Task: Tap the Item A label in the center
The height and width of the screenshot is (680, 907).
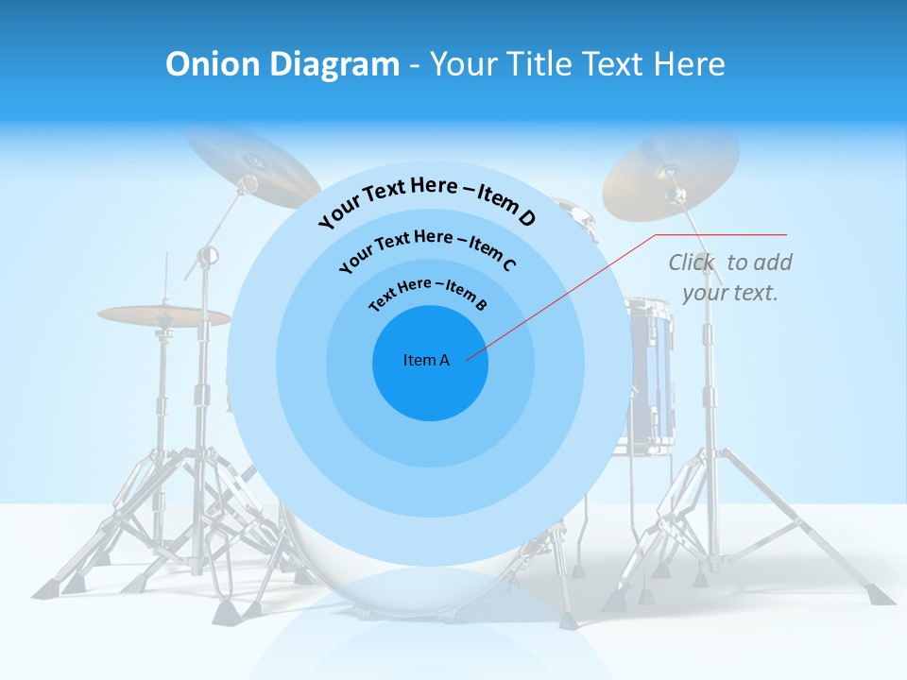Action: [426, 360]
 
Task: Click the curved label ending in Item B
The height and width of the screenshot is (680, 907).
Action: [428, 293]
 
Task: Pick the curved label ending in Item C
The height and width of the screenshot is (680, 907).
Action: [427, 248]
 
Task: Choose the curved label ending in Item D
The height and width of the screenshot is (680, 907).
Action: [427, 201]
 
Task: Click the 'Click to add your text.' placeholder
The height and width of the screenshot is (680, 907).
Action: [730, 278]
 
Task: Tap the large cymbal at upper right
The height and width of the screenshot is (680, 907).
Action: [671, 170]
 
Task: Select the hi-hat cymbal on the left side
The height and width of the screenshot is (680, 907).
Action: [163, 315]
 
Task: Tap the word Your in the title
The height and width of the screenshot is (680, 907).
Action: [466, 64]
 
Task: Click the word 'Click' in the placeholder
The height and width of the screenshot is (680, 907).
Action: [693, 263]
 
